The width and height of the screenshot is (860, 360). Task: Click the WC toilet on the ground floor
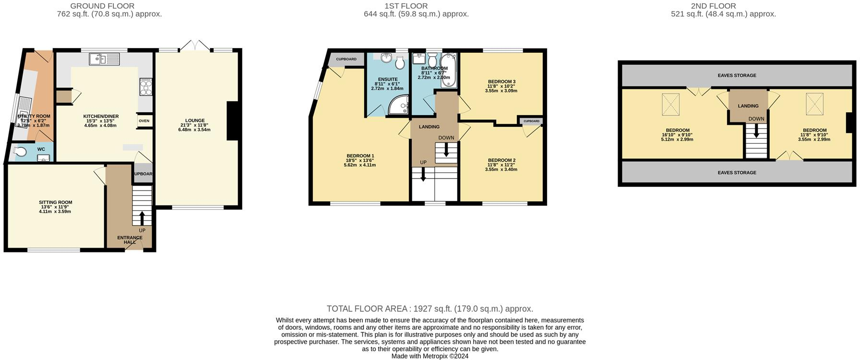click(20, 152)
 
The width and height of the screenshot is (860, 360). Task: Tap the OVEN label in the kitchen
click(144, 121)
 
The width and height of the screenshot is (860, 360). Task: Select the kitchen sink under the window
click(104, 59)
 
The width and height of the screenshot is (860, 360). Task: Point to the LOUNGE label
click(195, 120)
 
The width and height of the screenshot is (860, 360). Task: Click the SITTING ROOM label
click(55, 203)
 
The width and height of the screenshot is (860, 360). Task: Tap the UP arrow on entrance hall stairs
click(142, 218)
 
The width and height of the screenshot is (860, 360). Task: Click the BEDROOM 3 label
click(502, 82)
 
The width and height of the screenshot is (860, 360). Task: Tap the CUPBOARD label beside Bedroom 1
click(346, 59)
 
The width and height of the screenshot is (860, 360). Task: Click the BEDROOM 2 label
click(502, 160)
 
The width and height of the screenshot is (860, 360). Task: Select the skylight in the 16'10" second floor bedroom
click(671, 104)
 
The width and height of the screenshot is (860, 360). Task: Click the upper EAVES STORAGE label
click(737, 75)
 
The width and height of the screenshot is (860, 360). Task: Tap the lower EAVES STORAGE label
click(737, 173)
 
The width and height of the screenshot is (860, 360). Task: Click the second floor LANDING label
click(748, 106)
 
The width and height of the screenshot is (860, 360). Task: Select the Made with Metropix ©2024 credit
click(430, 356)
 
